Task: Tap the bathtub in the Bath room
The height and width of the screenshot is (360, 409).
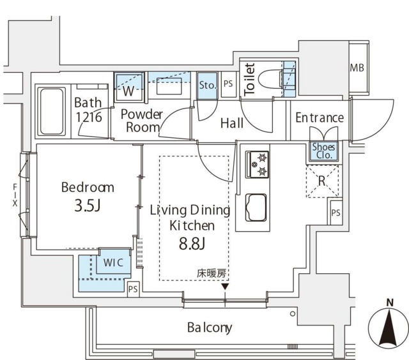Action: (51, 111)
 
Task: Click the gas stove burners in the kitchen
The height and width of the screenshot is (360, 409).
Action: (260, 163)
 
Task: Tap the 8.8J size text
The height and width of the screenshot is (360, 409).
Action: (190, 244)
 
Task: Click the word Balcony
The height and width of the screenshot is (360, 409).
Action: (209, 328)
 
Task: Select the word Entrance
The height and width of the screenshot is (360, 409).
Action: (319, 118)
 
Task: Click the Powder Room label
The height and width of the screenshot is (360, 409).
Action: (143, 120)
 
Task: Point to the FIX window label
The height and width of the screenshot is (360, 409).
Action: (14, 195)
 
